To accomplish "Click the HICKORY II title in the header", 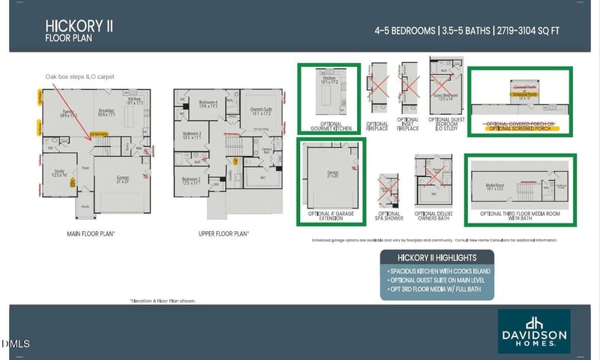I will (x=79, y=25).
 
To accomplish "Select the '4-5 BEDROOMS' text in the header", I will (x=404, y=31).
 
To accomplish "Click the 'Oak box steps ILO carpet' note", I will (x=79, y=76).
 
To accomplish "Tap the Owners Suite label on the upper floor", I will (x=261, y=110).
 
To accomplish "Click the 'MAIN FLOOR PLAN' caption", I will (x=90, y=233).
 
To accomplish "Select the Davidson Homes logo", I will (x=534, y=330).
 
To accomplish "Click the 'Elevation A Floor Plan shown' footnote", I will (x=163, y=300).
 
